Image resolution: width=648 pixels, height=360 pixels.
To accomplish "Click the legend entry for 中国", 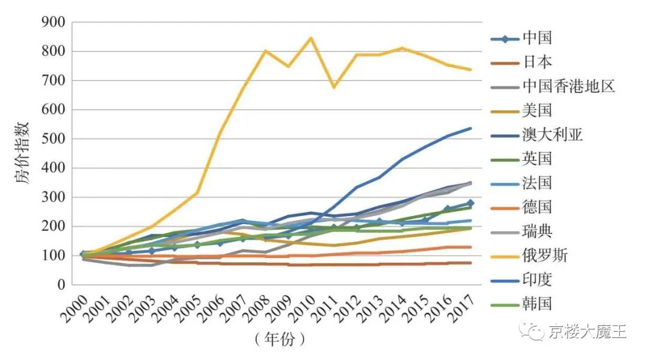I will [537, 38].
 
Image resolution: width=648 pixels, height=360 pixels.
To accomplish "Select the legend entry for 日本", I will [537, 62].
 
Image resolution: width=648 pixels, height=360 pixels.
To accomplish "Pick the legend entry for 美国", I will [537, 110].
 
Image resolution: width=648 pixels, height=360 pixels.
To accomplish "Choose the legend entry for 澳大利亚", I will [553, 134].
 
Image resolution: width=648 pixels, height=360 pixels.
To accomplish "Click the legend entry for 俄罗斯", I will [545, 256].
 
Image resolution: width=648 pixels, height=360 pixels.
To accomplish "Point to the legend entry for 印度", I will [537, 280].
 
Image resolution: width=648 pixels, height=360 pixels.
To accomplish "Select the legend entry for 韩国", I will [537, 304].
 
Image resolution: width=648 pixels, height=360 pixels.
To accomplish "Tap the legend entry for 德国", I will [537, 208].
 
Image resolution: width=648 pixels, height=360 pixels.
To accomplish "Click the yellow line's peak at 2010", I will [311, 38].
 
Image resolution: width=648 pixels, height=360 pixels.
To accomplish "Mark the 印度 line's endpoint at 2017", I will [471, 128].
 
